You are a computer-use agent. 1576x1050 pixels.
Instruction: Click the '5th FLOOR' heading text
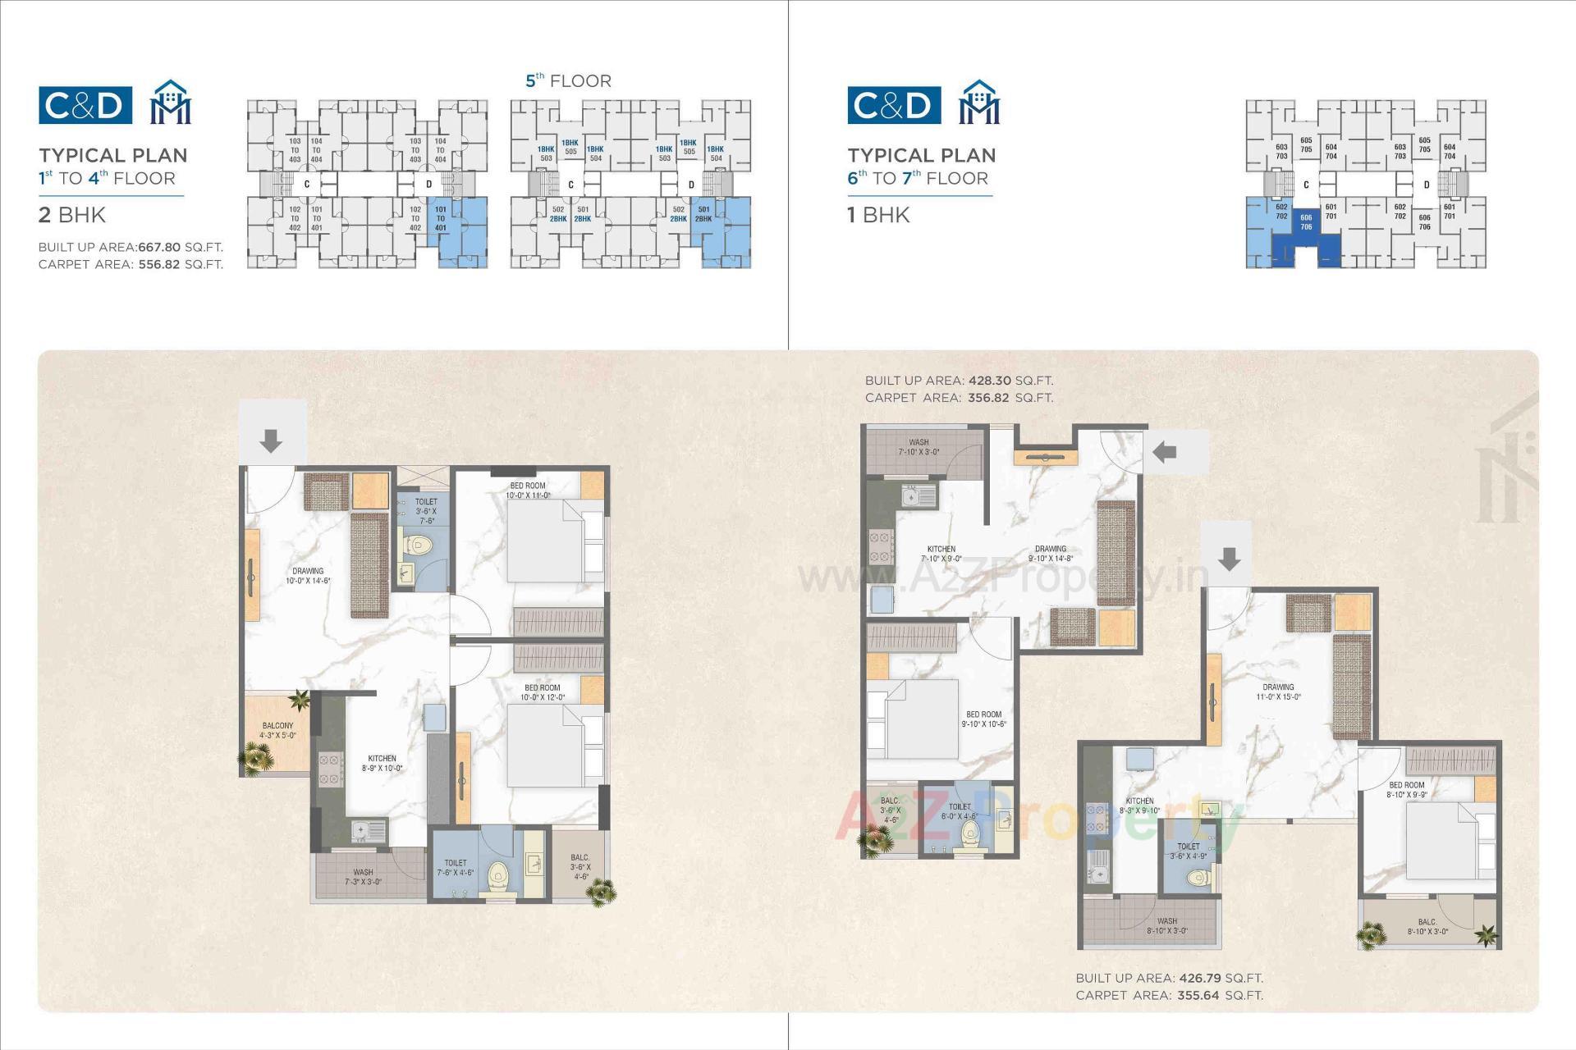[568, 80]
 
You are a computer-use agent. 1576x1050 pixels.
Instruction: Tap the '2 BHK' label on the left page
[72, 215]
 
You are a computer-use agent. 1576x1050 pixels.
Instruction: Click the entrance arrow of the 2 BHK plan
[271, 441]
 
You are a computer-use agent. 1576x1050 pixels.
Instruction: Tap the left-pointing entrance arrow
[1165, 450]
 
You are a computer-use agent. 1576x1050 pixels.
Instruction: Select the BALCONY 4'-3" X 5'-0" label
[277, 730]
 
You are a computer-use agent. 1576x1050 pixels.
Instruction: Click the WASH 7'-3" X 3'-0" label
[363, 877]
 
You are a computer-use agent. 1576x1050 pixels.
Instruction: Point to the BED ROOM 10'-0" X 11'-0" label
[528, 491]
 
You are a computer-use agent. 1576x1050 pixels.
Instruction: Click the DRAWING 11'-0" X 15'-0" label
[1278, 692]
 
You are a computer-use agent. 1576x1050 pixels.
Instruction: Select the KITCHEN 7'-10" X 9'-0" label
[941, 554]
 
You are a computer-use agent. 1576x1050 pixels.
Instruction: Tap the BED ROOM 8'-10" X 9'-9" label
[1407, 789]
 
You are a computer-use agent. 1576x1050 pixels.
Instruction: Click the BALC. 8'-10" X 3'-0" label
[1427, 927]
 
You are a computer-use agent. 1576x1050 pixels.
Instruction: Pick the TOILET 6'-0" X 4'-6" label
[959, 811]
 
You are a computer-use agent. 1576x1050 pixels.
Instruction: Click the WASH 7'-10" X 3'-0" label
[919, 447]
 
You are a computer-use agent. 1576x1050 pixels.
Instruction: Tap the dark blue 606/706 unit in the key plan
[1306, 222]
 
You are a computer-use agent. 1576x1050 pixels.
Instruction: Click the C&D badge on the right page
[894, 105]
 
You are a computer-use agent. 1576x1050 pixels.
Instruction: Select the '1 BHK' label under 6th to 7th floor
[878, 215]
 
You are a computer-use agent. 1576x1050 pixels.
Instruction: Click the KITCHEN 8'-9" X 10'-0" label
[382, 763]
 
